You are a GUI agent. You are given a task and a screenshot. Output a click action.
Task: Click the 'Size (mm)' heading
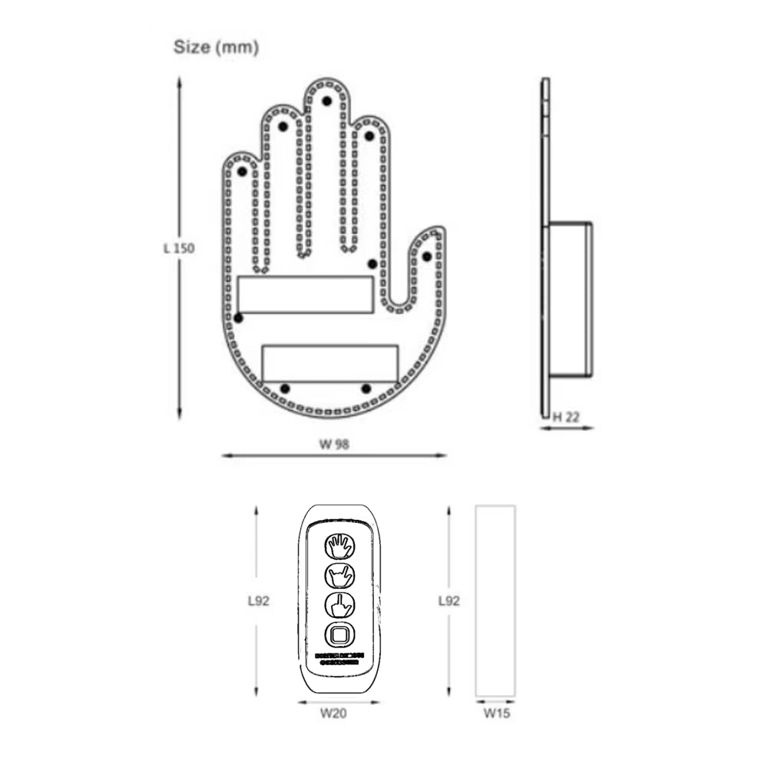(x=216, y=48)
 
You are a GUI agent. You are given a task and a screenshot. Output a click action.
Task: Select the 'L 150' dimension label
(x=178, y=248)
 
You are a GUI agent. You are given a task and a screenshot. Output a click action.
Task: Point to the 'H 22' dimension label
(x=567, y=416)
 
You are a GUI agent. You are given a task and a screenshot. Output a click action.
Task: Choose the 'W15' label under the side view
(x=496, y=713)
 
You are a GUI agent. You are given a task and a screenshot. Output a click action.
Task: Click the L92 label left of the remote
(x=259, y=601)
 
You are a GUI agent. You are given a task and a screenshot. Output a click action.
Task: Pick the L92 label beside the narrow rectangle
(x=448, y=601)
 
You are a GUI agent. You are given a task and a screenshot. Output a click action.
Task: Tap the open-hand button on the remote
(x=339, y=546)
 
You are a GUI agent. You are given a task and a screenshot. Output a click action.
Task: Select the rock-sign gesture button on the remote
(x=339, y=575)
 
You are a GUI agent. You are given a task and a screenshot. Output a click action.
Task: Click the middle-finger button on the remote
(x=339, y=604)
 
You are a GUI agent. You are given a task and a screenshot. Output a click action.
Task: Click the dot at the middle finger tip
(x=326, y=101)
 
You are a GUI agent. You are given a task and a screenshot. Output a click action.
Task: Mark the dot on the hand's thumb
(x=427, y=256)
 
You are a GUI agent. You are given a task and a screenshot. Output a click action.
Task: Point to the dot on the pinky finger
(x=242, y=171)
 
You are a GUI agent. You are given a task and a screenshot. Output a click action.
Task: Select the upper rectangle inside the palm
(x=305, y=295)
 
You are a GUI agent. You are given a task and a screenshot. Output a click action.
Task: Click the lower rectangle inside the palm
(x=330, y=362)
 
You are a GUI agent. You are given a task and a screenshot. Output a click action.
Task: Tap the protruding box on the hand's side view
(x=571, y=300)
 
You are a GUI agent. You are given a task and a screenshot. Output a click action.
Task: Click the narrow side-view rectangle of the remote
(x=495, y=600)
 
